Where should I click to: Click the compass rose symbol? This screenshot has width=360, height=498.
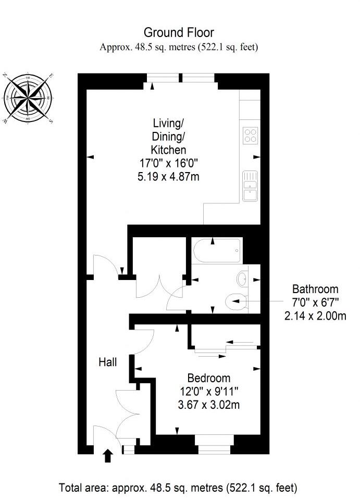(x=28, y=98)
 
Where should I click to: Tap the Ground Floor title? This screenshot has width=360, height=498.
(x=179, y=33)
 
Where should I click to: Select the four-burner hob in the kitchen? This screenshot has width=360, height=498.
(x=250, y=135)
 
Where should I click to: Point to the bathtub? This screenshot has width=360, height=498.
(x=217, y=250)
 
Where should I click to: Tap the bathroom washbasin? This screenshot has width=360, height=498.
(x=243, y=280)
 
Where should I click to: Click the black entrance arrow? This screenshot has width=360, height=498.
(x=108, y=456)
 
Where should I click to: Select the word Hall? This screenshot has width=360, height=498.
(x=108, y=362)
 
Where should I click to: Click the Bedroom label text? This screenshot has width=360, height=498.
(x=208, y=378)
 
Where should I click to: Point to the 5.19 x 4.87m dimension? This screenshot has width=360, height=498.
(x=168, y=177)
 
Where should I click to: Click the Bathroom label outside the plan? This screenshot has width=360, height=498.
(x=315, y=289)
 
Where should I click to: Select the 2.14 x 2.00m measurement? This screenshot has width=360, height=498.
(x=315, y=315)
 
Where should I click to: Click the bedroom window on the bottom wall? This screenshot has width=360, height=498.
(x=214, y=447)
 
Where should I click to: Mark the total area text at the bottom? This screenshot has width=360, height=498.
(x=179, y=488)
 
